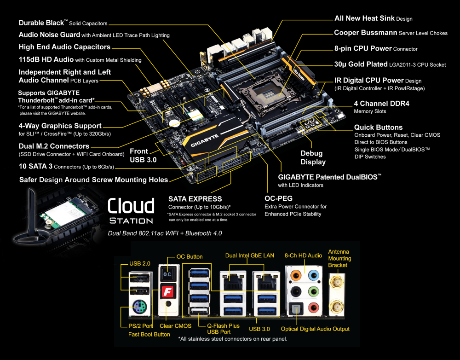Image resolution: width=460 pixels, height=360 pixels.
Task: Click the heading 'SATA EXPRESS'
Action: [195, 199]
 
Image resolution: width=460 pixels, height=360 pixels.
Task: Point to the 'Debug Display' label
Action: [313, 157]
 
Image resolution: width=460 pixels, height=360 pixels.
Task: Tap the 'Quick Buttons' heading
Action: [378, 127]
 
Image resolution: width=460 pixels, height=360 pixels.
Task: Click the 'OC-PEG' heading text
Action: [279, 198]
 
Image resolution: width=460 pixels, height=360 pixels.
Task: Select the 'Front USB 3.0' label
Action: [143, 155]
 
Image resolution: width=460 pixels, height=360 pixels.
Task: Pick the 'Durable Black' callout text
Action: [43, 23]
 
